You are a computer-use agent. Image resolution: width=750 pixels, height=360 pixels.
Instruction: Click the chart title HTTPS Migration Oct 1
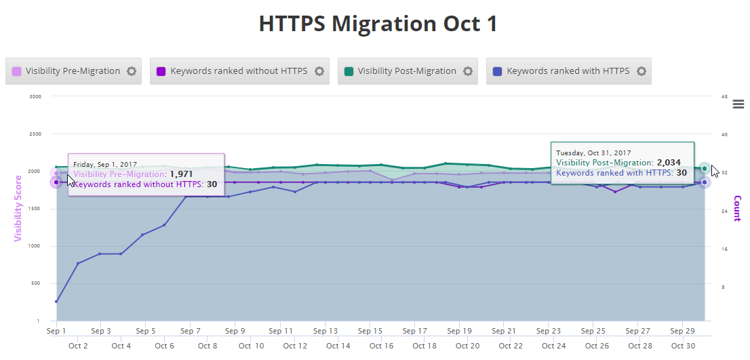click(x=378, y=24)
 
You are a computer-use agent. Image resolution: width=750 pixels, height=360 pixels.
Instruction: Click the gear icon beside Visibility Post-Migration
click(x=468, y=71)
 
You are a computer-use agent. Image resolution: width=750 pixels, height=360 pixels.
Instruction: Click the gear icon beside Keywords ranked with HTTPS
click(x=641, y=71)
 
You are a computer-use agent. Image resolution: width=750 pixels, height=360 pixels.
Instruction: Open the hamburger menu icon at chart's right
click(x=738, y=104)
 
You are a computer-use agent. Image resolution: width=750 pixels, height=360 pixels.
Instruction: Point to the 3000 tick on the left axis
click(x=36, y=96)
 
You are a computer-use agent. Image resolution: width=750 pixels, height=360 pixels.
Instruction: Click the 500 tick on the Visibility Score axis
click(x=37, y=283)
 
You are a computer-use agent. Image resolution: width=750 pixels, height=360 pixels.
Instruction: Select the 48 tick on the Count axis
click(x=724, y=96)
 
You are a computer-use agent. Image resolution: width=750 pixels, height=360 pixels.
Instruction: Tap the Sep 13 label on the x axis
click(x=325, y=332)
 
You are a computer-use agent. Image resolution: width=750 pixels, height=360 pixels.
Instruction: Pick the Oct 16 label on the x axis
click(x=382, y=346)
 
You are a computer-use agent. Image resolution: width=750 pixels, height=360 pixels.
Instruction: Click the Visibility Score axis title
click(x=18, y=208)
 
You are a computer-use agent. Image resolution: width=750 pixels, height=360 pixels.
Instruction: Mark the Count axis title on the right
click(x=737, y=208)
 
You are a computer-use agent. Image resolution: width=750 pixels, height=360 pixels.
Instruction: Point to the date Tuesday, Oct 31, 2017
click(x=593, y=153)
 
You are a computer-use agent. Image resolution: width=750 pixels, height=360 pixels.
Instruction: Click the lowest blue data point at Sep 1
click(x=56, y=302)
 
